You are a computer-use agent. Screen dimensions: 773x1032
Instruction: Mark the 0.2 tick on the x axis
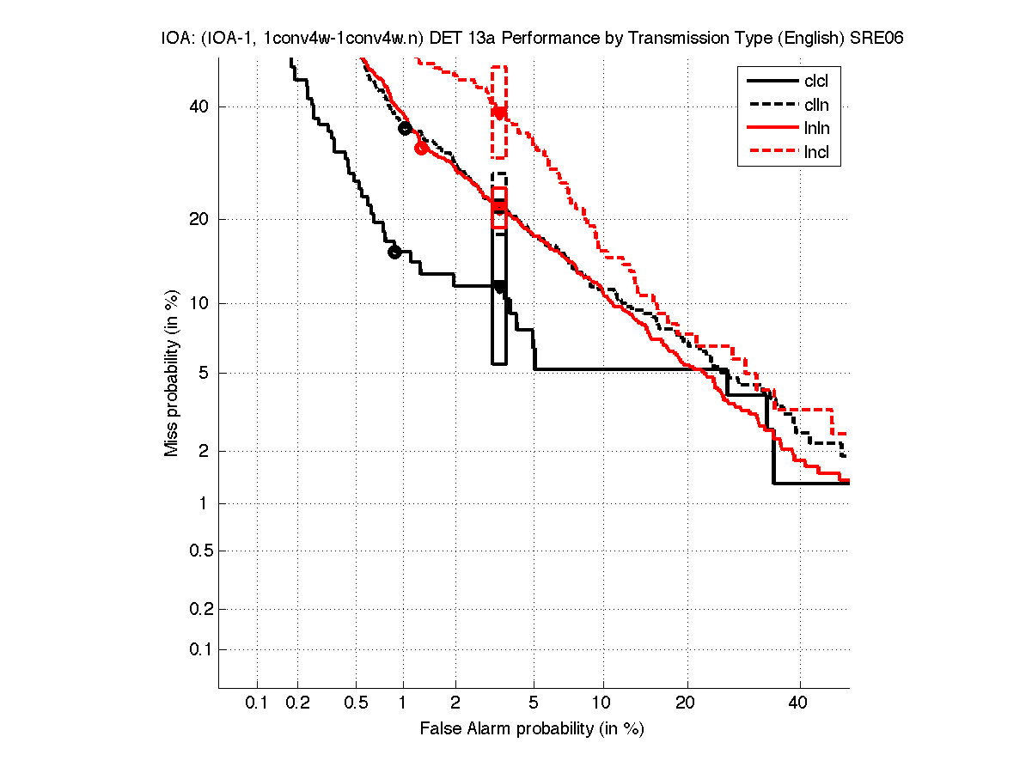(298, 703)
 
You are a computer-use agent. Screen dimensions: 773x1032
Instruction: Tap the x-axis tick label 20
(685, 703)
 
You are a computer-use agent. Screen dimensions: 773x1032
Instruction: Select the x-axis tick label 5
(534, 703)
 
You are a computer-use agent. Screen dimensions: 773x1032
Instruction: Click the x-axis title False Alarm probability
(532, 729)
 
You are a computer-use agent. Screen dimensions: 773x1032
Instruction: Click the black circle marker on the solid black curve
(394, 252)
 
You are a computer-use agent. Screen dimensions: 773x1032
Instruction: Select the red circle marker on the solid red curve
(421, 148)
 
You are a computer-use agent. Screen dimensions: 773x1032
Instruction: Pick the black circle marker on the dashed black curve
(406, 128)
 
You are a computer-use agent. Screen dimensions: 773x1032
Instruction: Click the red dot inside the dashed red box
(499, 113)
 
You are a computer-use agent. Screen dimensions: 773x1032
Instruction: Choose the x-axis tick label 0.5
(356, 703)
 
